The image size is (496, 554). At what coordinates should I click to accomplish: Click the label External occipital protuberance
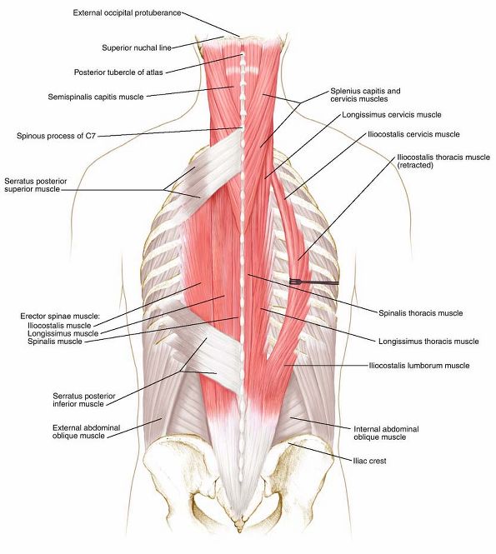pos(127,13)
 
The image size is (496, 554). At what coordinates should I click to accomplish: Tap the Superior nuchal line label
pos(137,47)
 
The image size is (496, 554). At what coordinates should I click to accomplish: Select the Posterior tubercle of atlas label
pos(118,72)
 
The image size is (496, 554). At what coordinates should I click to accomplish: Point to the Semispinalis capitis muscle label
pos(96,97)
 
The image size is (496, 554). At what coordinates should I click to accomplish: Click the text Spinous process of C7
pos(56,136)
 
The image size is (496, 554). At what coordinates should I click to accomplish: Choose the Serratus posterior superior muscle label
pos(35,185)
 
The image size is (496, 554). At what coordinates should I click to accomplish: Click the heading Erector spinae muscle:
pos(60,317)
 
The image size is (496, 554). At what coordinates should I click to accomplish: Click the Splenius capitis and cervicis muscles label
pos(366,95)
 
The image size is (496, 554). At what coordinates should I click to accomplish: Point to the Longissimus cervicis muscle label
pos(392,115)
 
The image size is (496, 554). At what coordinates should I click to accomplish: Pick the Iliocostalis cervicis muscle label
pos(413,135)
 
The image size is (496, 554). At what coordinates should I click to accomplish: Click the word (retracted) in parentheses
pos(415,165)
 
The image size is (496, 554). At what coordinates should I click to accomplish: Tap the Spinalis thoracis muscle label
pos(421,313)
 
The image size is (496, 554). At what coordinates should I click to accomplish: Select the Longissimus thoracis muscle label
pos(428,342)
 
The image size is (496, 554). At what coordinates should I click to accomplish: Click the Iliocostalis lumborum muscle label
pos(419,366)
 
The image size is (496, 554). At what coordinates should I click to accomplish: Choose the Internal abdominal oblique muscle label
pos(386,433)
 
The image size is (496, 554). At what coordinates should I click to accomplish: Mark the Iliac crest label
pos(369,461)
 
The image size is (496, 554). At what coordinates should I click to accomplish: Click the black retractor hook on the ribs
pos(314,282)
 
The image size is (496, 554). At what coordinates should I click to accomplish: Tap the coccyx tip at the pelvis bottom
pos(240,530)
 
